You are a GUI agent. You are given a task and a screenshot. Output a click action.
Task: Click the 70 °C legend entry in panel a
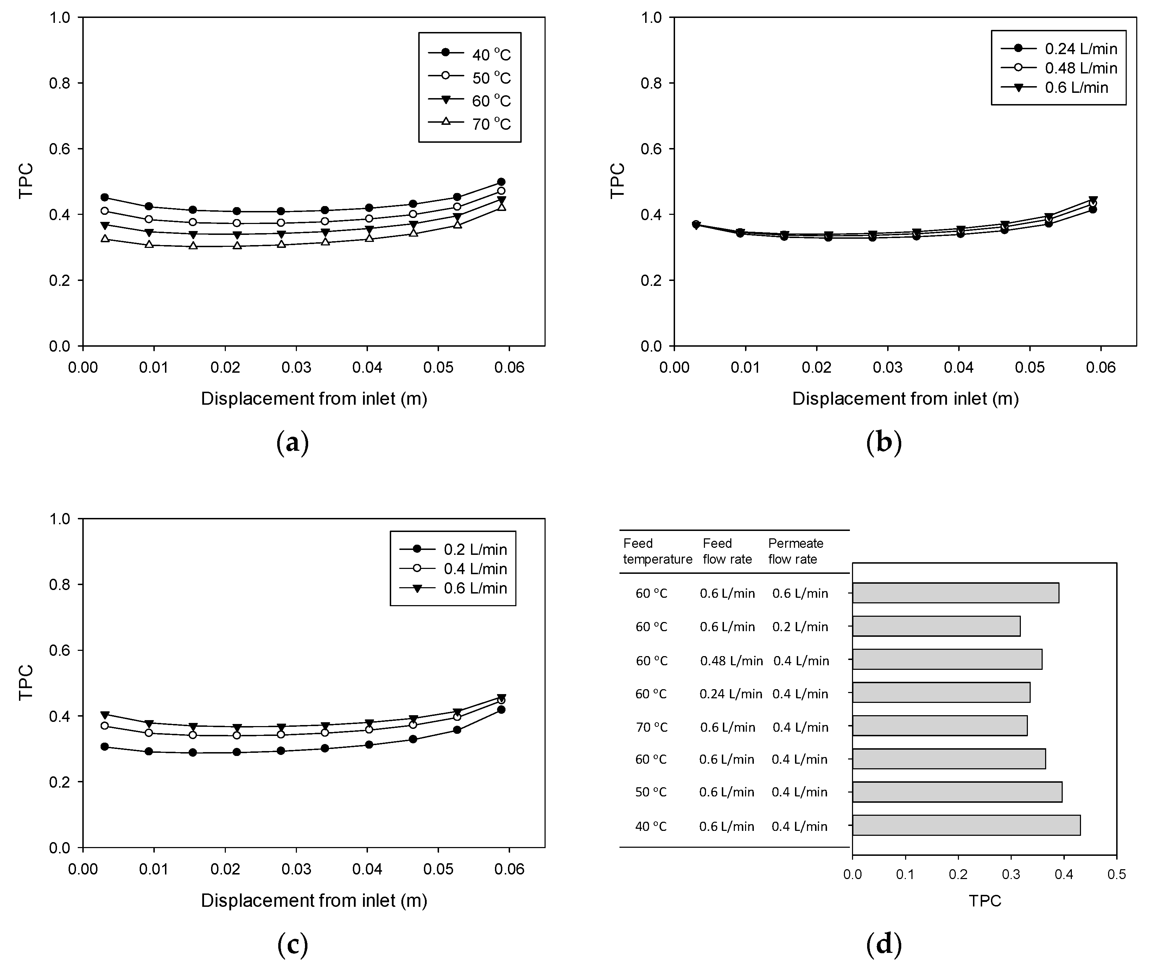pyautogui.click(x=470, y=124)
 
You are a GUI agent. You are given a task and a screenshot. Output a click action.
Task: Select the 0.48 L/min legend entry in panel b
pyautogui.click(x=1059, y=68)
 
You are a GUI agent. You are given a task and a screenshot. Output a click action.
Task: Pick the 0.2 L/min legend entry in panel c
pyautogui.click(x=453, y=549)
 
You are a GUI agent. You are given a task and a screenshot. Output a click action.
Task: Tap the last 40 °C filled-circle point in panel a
pyautogui.click(x=501, y=182)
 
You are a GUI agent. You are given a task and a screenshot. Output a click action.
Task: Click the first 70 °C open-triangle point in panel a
pyautogui.click(x=104, y=239)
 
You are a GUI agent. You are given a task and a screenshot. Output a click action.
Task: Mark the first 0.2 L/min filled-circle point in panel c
pyautogui.click(x=104, y=746)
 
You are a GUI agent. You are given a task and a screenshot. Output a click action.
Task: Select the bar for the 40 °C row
pyautogui.click(x=966, y=825)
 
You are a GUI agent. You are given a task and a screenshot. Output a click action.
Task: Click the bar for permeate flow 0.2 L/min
pyautogui.click(x=936, y=626)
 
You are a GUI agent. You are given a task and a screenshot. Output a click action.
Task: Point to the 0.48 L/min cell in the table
pyautogui.click(x=731, y=661)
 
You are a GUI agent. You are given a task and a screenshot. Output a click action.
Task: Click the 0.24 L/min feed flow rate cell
pyautogui.click(x=731, y=694)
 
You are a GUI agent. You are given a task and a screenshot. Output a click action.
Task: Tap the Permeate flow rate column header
pyautogui.click(x=795, y=551)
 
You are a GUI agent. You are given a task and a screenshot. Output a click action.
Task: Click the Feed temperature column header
pyautogui.click(x=657, y=551)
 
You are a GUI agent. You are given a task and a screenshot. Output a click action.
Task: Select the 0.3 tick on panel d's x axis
pyautogui.click(x=1011, y=874)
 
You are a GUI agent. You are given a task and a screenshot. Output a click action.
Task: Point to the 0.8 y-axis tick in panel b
pyautogui.click(x=651, y=83)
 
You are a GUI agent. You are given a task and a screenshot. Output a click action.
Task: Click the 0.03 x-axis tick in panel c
pyautogui.click(x=296, y=869)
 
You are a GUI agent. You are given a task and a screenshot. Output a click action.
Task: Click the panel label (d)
pyautogui.click(x=884, y=944)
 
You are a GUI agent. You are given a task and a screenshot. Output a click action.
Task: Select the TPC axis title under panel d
pyautogui.click(x=985, y=901)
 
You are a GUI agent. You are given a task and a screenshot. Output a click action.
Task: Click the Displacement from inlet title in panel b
pyautogui.click(x=905, y=398)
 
